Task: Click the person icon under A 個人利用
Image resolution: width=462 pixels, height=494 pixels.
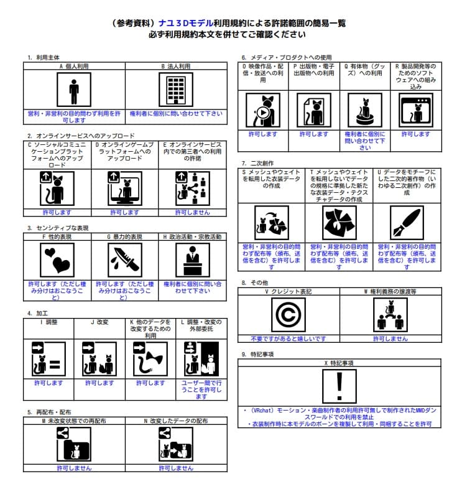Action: click(73, 90)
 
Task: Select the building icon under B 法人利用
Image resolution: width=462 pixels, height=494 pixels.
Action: click(176, 90)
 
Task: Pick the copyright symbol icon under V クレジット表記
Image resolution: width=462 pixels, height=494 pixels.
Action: click(288, 314)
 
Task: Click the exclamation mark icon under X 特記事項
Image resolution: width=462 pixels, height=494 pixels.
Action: click(339, 386)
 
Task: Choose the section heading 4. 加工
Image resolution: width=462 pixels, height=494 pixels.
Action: click(38, 313)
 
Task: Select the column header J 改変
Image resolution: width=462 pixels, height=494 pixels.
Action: click(99, 322)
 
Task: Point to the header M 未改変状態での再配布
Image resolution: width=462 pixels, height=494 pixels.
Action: click(73, 421)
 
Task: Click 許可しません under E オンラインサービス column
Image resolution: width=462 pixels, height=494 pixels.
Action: click(193, 212)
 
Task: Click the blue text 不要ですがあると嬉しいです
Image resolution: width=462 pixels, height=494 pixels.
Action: click(288, 338)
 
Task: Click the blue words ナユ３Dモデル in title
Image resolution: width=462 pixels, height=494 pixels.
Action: click(177, 23)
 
